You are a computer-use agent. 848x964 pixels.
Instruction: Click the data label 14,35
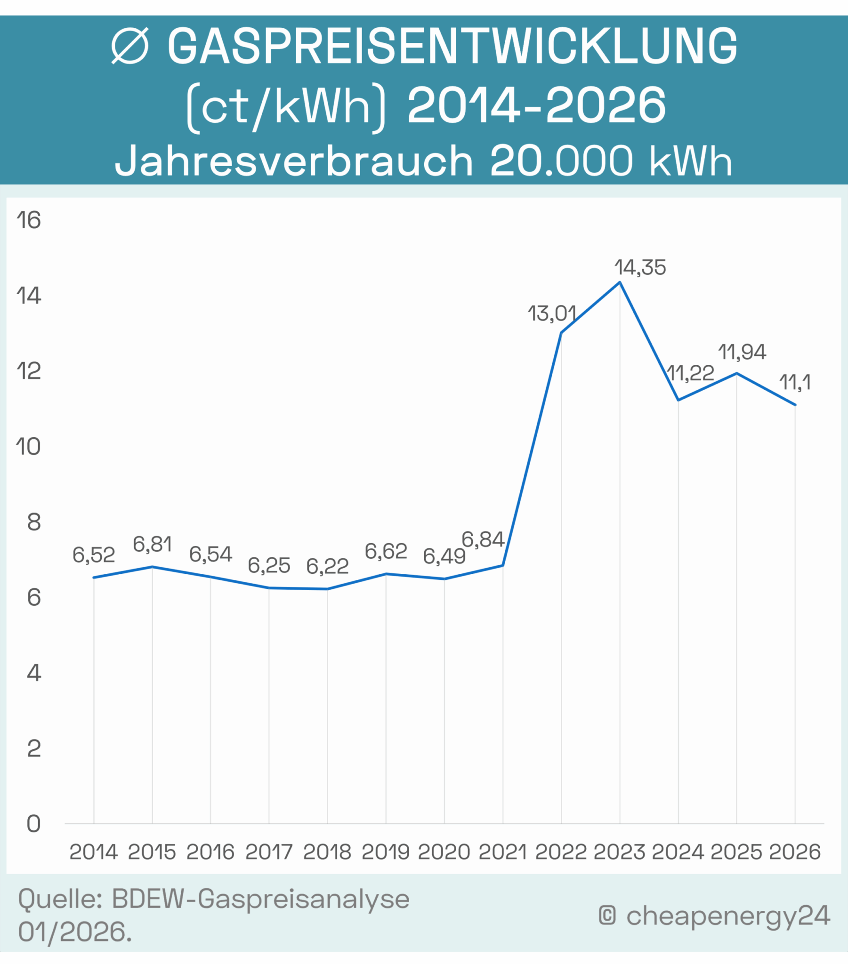pos(640,267)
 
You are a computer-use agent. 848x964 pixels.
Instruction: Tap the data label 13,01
pos(552,313)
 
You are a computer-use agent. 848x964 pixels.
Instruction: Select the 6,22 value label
pos(327,566)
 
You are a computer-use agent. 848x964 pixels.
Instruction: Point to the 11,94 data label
pos(742,352)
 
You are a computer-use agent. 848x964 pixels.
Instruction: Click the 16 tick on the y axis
pos(29,220)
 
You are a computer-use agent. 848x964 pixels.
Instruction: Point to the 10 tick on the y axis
pos(29,447)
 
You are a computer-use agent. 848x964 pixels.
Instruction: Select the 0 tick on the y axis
pos(33,824)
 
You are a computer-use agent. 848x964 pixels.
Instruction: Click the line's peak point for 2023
pos(620,282)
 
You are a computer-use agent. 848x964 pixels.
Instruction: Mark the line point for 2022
pos(561,332)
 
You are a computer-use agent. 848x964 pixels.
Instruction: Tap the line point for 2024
pos(678,400)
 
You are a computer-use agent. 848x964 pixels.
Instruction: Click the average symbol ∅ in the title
pos(130,46)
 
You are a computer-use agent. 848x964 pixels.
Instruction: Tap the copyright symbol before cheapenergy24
pos(607,916)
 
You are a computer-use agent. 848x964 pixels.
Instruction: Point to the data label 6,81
pos(152,545)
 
